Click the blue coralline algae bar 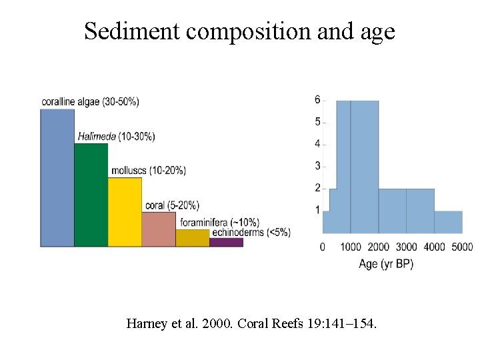pyautogui.click(x=57, y=178)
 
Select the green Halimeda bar pyautogui.click(x=91, y=195)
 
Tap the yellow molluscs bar pyautogui.click(x=125, y=212)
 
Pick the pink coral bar pyautogui.click(x=159, y=229)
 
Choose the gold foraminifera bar pyautogui.click(x=193, y=238)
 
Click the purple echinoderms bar pyautogui.click(x=226, y=242)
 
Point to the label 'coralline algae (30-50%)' pyautogui.click(x=90, y=101)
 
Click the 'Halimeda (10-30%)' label pyautogui.click(x=116, y=137)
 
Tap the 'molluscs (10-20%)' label pyautogui.click(x=148, y=171)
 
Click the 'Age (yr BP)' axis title pyautogui.click(x=386, y=264)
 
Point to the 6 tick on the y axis pyautogui.click(x=317, y=100)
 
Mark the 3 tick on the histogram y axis pyautogui.click(x=317, y=166)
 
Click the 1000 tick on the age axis pyautogui.click(x=351, y=247)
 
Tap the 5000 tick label pyautogui.click(x=461, y=247)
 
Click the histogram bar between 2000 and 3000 pyautogui.click(x=392, y=211)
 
